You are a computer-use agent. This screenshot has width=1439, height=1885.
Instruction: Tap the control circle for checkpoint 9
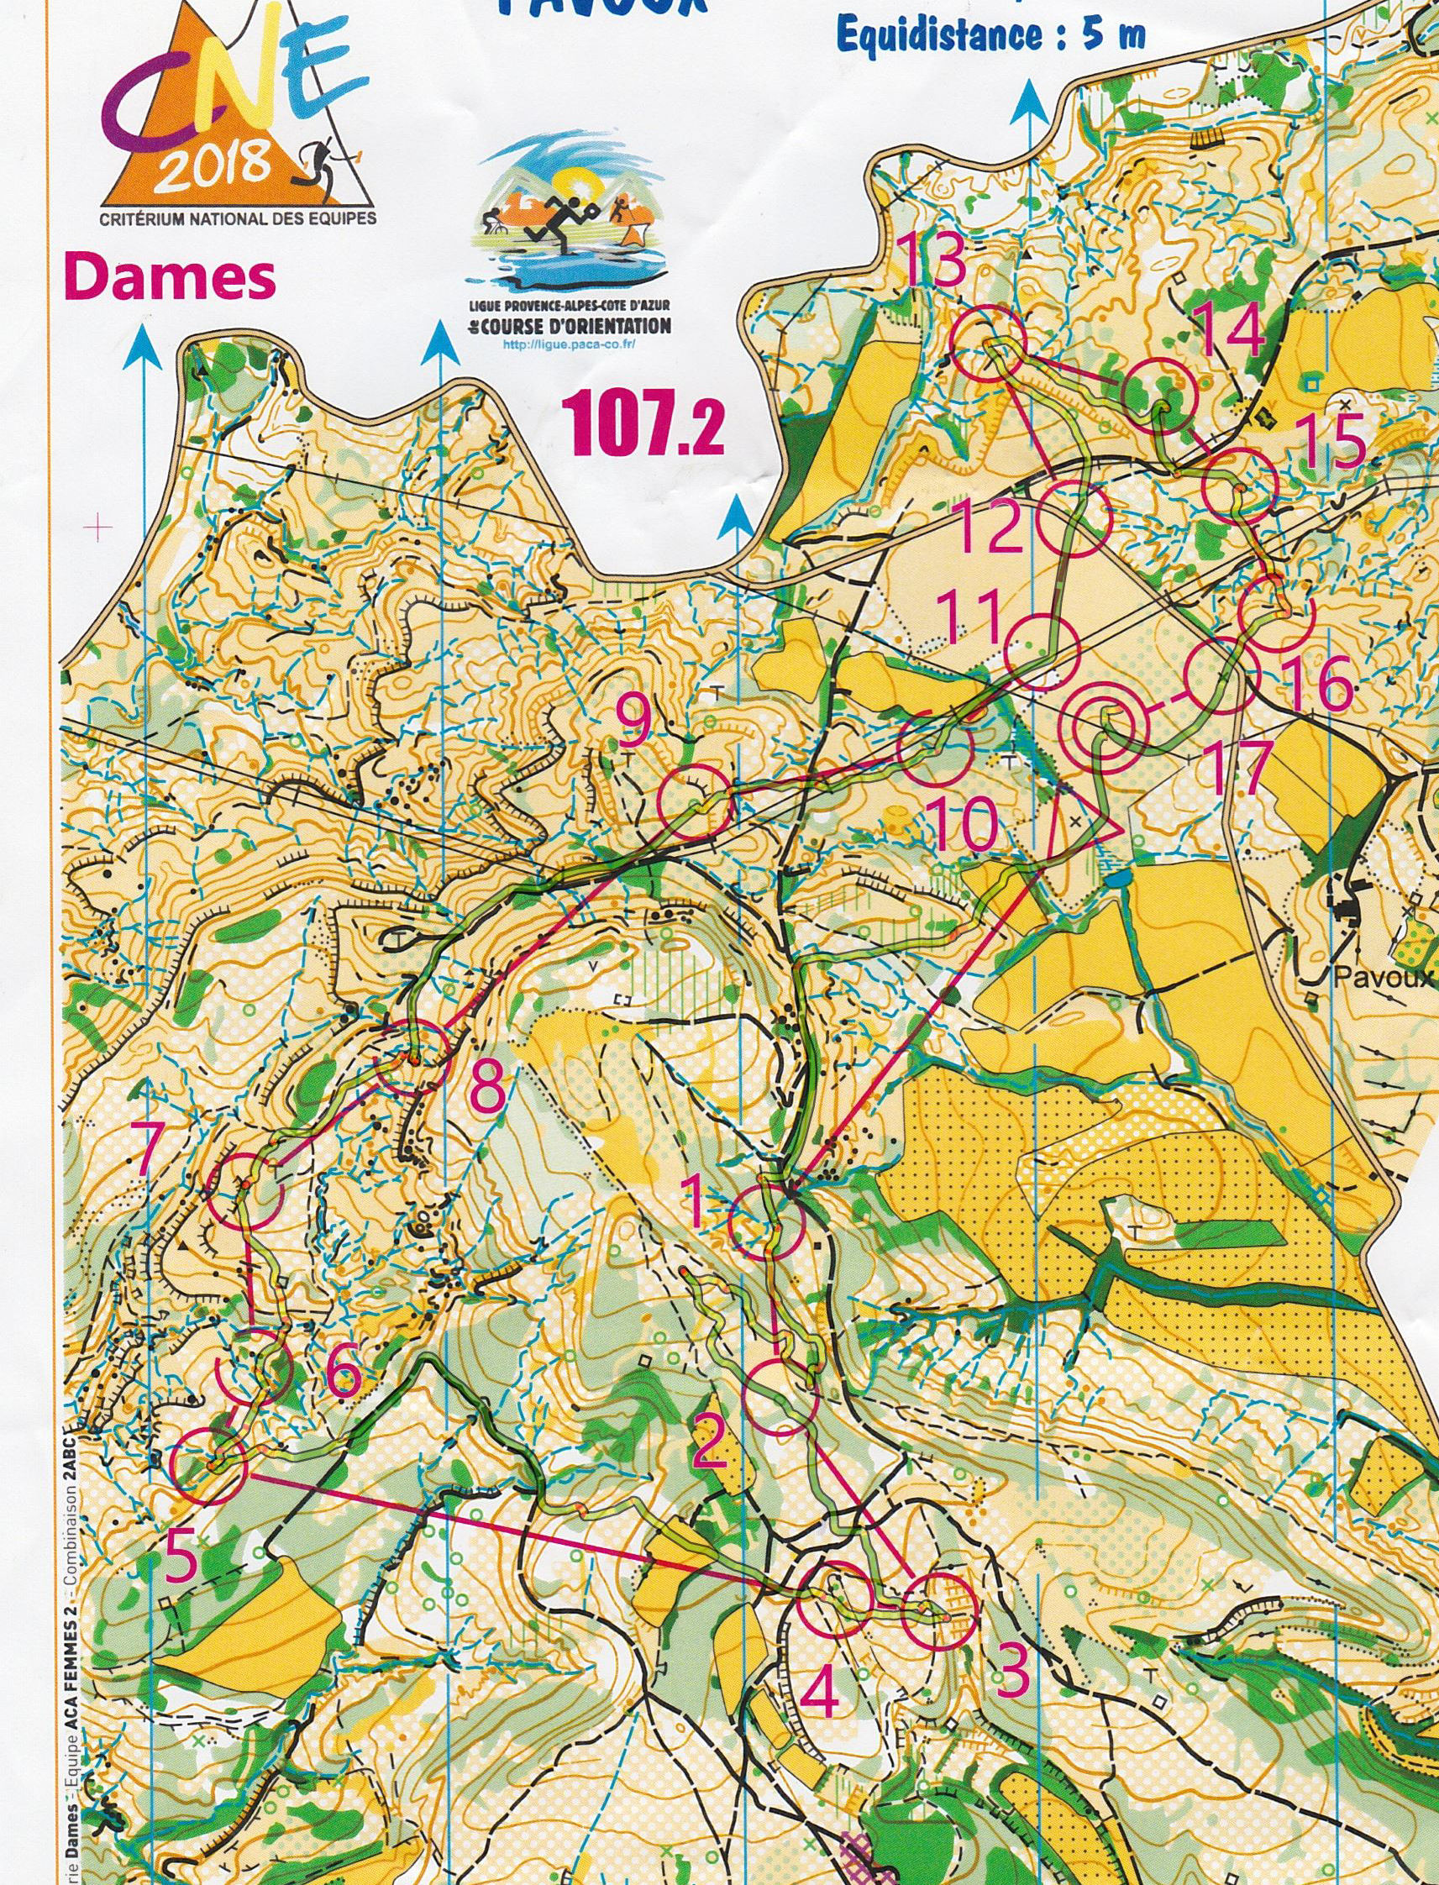point(694,802)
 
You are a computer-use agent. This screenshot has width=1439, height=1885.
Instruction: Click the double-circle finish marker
point(1104,725)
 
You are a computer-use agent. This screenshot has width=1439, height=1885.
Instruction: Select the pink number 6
point(344,1375)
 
